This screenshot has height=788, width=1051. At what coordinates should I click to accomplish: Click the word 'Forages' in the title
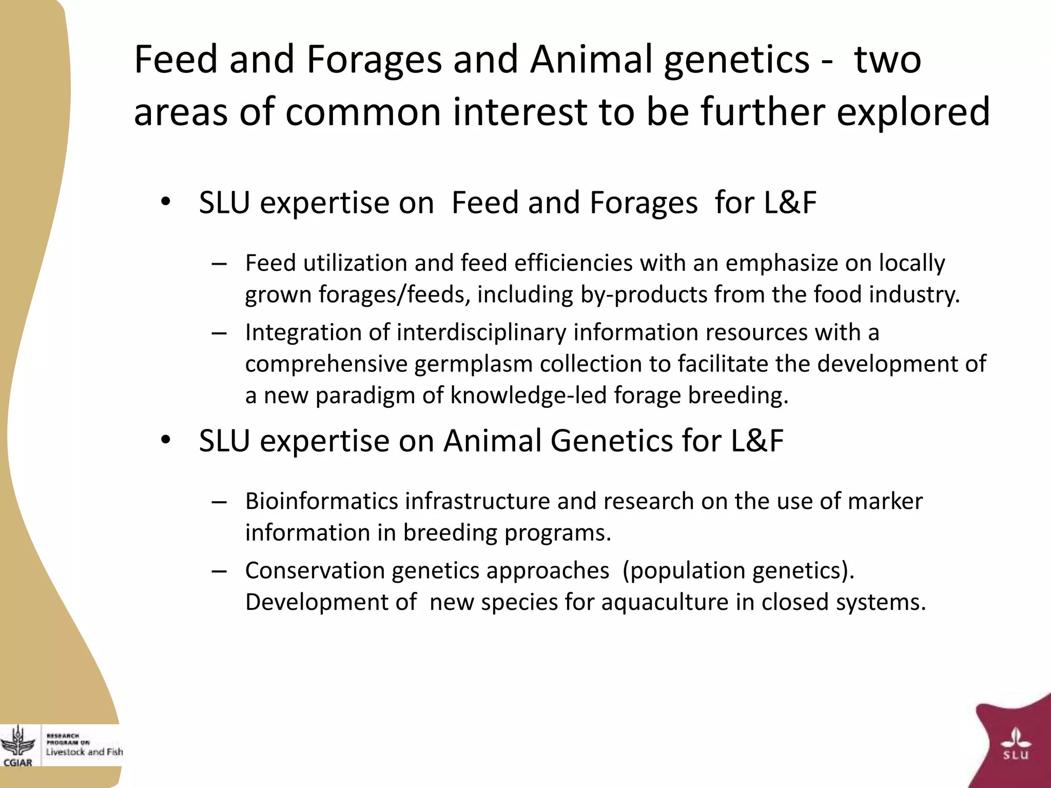(374, 61)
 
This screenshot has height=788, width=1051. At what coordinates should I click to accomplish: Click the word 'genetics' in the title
(736, 61)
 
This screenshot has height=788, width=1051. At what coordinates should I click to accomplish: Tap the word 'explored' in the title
(913, 113)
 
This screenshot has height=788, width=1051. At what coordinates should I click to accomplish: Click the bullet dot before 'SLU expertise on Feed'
(165, 202)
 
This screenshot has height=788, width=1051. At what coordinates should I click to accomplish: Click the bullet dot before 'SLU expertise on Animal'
(165, 440)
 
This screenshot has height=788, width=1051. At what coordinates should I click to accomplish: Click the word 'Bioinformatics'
(321, 501)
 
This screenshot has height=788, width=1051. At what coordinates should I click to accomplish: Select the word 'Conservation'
(315, 570)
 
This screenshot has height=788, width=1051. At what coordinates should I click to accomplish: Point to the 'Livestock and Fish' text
(84, 752)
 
